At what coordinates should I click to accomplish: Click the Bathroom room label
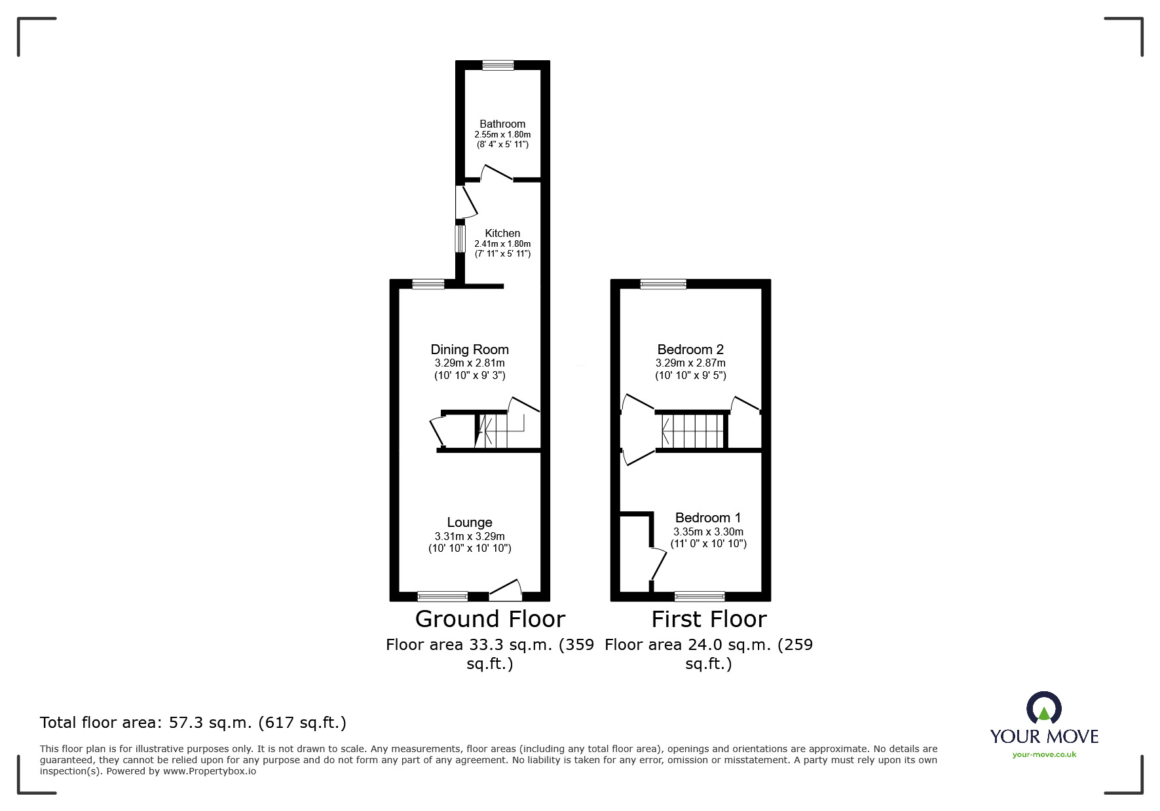(x=502, y=124)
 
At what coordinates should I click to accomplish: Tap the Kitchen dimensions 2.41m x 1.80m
(x=502, y=243)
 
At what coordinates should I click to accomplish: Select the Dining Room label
(x=470, y=350)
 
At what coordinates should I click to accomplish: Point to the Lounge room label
(x=470, y=522)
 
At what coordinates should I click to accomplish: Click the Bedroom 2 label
(x=690, y=350)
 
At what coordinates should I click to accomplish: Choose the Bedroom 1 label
(x=708, y=518)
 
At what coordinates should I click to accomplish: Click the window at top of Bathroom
(x=498, y=65)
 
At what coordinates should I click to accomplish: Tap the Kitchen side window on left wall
(x=460, y=238)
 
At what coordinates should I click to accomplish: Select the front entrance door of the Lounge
(x=506, y=591)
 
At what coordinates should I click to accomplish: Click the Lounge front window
(x=443, y=596)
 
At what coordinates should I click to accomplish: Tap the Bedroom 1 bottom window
(x=700, y=596)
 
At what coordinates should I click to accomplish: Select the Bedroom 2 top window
(x=664, y=284)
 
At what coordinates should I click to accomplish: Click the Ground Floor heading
(x=490, y=619)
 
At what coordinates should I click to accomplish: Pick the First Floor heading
(x=709, y=619)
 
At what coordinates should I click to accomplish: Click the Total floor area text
(x=193, y=723)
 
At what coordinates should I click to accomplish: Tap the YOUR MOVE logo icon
(x=1043, y=708)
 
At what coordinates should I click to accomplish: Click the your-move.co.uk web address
(x=1044, y=755)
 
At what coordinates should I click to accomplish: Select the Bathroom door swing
(x=496, y=172)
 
